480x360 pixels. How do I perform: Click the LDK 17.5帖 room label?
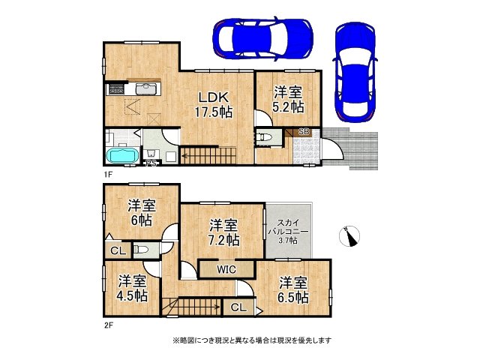pos(213,104)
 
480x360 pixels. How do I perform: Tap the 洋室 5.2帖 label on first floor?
pos(288,99)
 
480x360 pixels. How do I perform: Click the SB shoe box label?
pos(304,132)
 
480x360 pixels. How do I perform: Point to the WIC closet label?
pos(226,268)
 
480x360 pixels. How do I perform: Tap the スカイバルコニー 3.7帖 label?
pos(289,229)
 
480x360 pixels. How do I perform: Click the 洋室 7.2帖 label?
pos(223,232)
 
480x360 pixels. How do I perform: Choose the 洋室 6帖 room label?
pos(141,212)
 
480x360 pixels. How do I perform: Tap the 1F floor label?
pos(108,174)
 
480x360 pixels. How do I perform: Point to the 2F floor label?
pos(108,326)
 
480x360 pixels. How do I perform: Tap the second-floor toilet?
pos(142,250)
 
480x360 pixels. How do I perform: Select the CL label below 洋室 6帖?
pos(118,250)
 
